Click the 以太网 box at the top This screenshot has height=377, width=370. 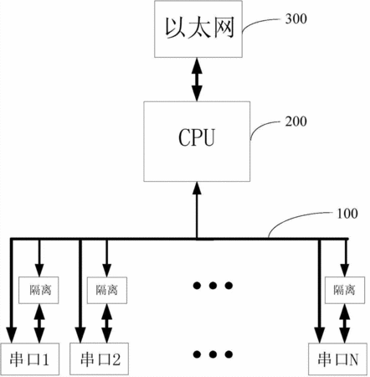coord(198,29)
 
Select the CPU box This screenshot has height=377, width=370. coord(197,142)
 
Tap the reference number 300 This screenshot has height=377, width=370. coord(296,19)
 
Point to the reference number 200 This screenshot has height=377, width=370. coord(296,121)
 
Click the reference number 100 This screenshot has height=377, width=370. coord(347,214)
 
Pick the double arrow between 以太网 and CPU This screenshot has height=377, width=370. coord(197,80)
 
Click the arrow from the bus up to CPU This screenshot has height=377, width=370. coord(197,210)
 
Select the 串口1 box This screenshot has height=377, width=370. coord(30,359)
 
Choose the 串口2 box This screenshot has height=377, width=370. coord(99,359)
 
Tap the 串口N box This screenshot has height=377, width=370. coord(337,359)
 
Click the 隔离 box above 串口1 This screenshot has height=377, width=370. coord(39,290)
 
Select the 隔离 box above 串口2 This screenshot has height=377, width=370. coord(107,290)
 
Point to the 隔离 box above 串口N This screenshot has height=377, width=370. coord(345,290)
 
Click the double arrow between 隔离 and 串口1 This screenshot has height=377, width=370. coord(39,323)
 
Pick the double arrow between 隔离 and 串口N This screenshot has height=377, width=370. coord(345,323)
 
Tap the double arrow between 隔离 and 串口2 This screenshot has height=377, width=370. coord(107,323)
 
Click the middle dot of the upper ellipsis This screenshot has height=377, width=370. coord(213,286)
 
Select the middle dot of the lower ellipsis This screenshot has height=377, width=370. coord(213,354)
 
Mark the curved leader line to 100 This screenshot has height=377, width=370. coord(296,219)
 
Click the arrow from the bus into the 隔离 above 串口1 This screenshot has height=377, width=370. coord(39,258)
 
